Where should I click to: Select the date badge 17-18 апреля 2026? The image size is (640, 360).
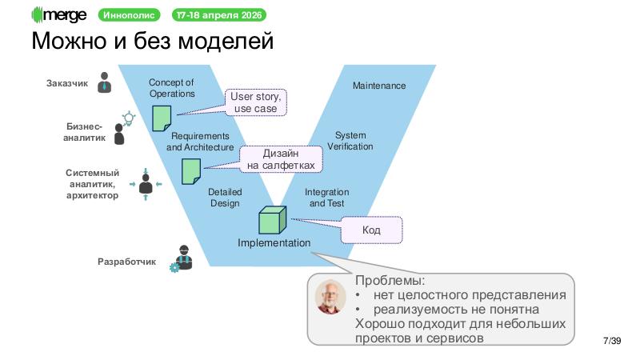(x=220, y=15)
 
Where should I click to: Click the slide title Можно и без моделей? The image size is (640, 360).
(x=152, y=40)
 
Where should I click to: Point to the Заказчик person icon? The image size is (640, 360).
(x=105, y=82)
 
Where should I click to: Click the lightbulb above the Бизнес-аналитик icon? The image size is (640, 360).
(x=126, y=118)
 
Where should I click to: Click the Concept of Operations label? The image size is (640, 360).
(x=171, y=88)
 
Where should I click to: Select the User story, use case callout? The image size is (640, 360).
(x=254, y=102)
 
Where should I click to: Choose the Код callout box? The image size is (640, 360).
(x=371, y=230)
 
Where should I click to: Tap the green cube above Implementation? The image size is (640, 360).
(x=272, y=220)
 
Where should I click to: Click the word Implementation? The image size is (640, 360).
(x=274, y=242)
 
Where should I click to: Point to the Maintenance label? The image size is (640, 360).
(x=379, y=86)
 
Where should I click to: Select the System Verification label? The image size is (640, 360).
(x=350, y=141)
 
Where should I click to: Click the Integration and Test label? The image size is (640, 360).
(x=326, y=198)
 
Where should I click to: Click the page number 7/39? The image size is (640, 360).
(x=611, y=342)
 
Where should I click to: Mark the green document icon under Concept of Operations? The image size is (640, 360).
(x=162, y=118)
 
